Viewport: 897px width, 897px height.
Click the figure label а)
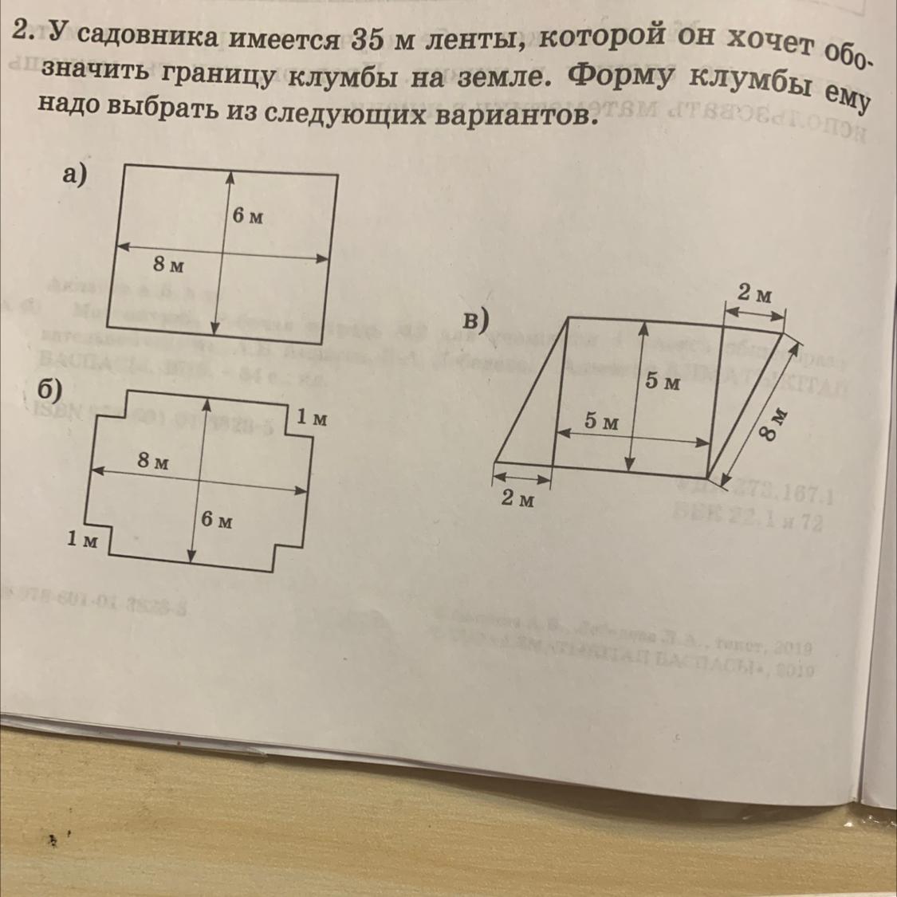[73, 174]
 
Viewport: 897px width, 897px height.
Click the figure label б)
[49, 388]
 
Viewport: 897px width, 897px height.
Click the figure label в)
[476, 321]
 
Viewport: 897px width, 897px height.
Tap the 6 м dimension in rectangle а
[248, 216]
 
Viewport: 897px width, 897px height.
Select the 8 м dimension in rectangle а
[168, 265]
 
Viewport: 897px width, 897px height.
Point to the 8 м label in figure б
[152, 461]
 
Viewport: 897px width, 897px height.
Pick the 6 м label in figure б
[217, 521]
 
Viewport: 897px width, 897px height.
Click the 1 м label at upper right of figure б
[311, 417]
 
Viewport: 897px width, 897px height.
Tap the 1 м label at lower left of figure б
[82, 541]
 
